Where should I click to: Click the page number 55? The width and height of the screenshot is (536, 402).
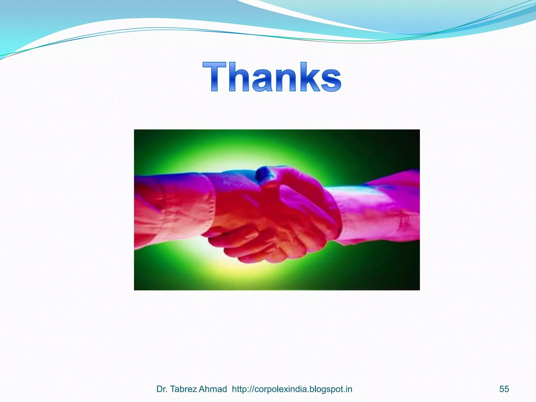[504, 389]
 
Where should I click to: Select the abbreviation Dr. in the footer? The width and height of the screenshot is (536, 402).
[162, 389]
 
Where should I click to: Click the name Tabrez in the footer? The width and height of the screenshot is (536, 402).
[184, 389]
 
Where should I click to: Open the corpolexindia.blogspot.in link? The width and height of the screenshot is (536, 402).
[292, 389]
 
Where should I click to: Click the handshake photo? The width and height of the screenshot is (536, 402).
[277, 210]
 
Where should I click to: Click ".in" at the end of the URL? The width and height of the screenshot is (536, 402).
[348, 389]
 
